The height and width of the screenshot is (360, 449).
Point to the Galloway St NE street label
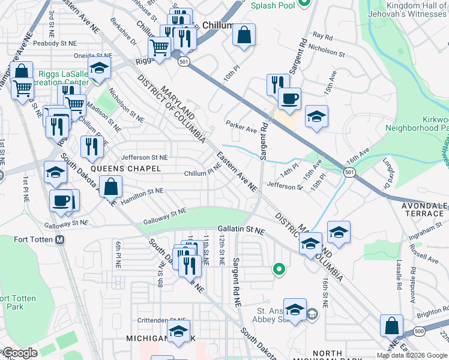point(165,217)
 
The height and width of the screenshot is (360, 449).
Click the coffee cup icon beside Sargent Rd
point(289,99)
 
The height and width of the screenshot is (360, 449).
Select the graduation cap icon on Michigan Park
point(178,331)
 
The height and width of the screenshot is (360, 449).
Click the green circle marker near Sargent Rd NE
point(278,269)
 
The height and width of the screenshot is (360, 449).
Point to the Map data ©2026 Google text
point(412,355)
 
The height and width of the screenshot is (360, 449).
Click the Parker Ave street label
point(241,127)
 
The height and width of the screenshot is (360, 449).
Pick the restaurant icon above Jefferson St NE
point(92,146)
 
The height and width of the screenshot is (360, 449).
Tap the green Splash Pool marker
point(304,5)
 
